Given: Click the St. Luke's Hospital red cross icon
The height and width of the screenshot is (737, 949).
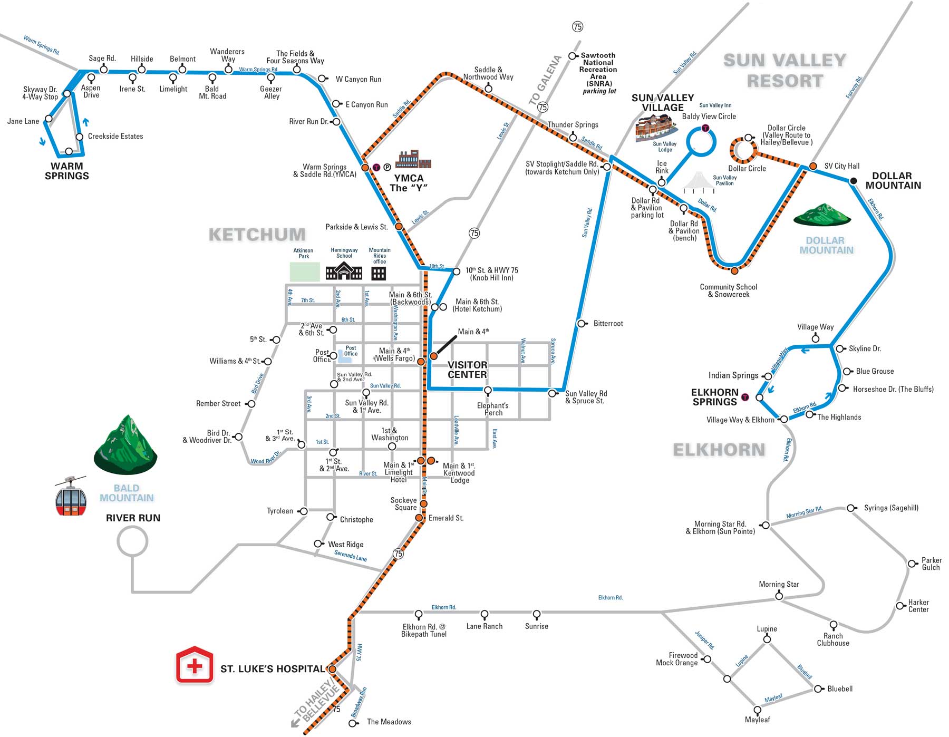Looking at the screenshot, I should (195, 666).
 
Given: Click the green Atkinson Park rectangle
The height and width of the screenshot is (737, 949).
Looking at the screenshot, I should (305, 271).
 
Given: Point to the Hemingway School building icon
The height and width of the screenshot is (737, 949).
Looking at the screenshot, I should (344, 272).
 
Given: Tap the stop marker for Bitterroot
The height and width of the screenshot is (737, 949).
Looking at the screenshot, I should (582, 324).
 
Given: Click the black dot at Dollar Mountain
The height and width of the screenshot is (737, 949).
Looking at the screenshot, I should (853, 181).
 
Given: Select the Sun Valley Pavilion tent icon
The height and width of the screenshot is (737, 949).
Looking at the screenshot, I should (700, 182).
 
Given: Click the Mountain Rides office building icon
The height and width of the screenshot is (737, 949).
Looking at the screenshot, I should (379, 273).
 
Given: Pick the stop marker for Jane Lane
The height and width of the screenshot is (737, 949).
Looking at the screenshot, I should (49, 119).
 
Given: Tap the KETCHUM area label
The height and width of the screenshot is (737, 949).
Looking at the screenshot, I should (257, 235).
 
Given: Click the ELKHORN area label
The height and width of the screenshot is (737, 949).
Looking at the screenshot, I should (719, 450).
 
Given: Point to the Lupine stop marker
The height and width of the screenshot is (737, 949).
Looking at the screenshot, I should (767, 639).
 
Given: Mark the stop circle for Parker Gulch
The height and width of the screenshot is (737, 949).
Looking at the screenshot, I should (912, 564).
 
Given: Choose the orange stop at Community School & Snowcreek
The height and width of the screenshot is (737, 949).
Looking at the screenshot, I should (734, 271).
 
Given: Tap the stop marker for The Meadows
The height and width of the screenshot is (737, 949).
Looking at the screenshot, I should (353, 723).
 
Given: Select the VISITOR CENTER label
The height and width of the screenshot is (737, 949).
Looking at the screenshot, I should (467, 370).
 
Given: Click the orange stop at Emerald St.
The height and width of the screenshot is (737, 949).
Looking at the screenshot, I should (419, 518).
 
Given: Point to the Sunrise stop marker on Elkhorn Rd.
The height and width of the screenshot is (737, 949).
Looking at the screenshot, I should (537, 614).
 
